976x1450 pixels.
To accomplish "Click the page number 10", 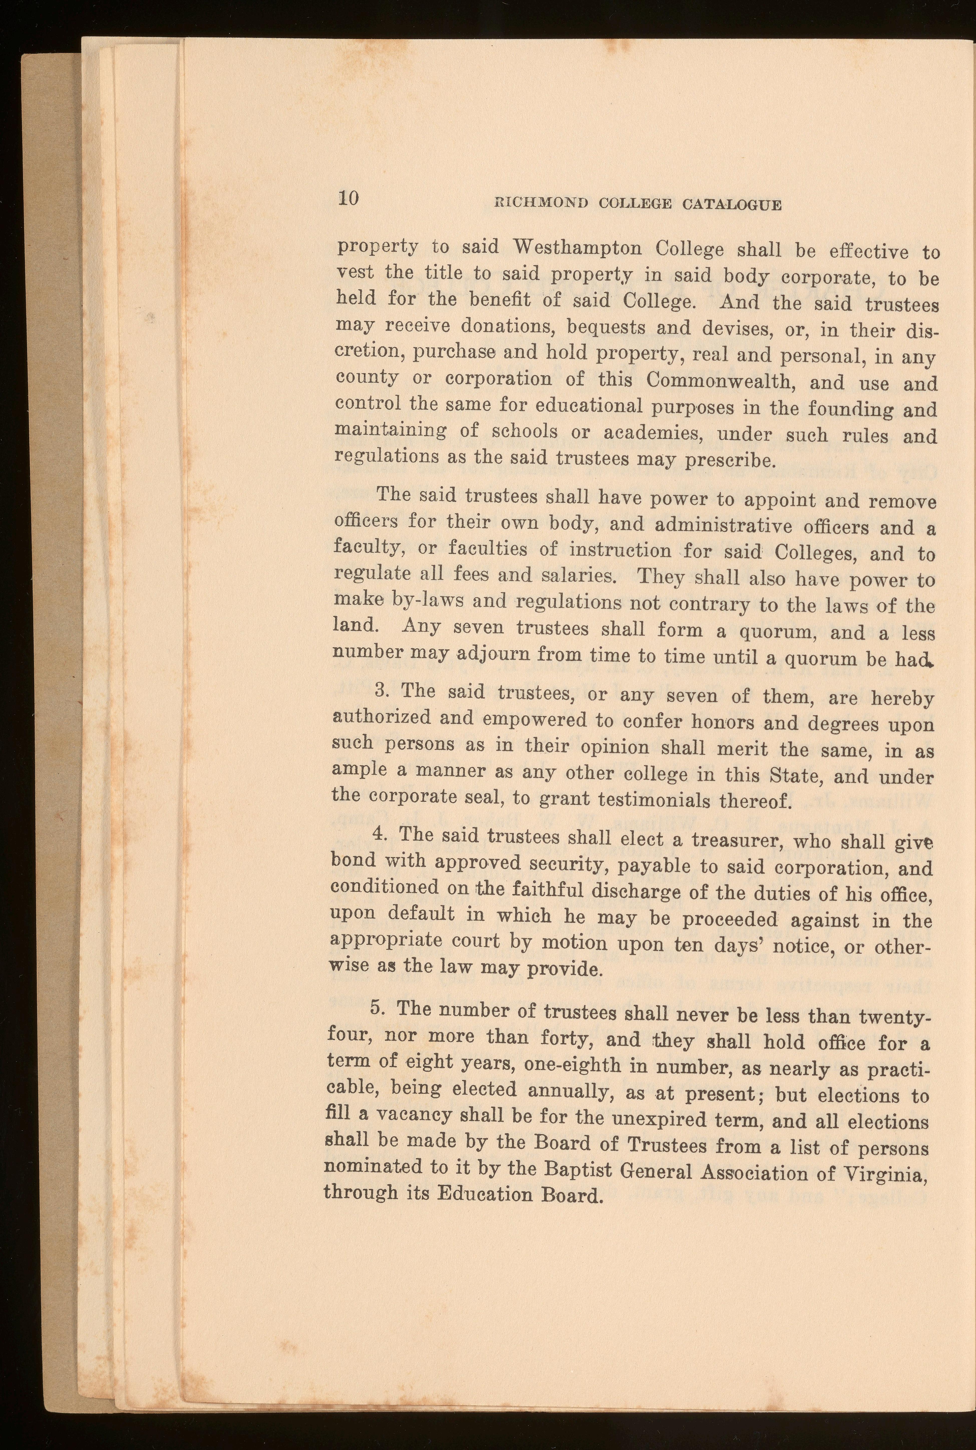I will coord(349,199).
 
